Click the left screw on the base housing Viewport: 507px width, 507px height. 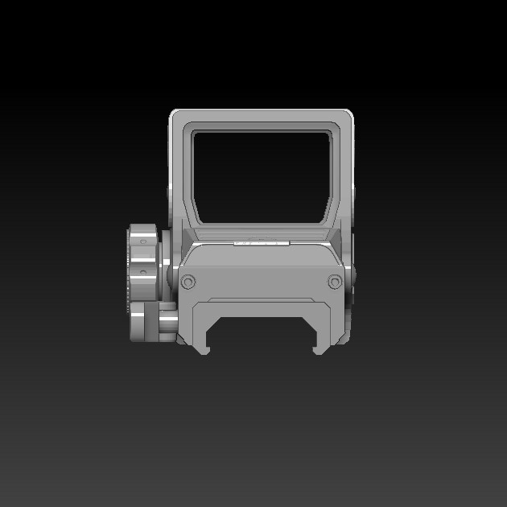[x=188, y=282]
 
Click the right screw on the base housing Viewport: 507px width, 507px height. [x=335, y=282]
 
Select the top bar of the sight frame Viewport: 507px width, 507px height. [x=262, y=117]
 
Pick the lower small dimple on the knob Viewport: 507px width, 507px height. [x=143, y=273]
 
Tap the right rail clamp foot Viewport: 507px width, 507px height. [x=320, y=346]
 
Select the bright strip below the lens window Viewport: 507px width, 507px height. [x=261, y=241]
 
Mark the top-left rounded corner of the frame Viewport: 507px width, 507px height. [x=175, y=115]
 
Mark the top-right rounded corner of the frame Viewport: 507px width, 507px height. [x=348, y=115]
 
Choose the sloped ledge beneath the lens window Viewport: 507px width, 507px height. [x=261, y=233]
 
